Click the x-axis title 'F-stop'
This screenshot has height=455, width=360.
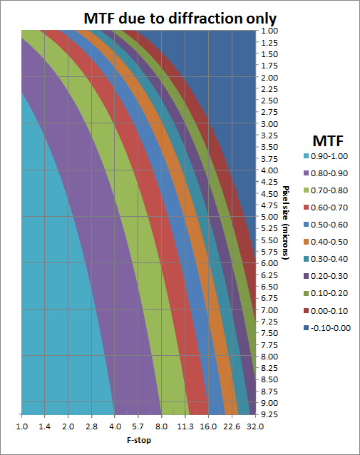137,441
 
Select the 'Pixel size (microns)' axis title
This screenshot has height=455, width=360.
284,221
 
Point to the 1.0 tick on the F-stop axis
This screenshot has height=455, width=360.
22,426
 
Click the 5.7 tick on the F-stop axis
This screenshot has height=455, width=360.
138,426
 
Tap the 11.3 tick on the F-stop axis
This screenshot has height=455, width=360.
185,426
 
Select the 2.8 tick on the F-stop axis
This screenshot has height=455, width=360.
92,426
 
